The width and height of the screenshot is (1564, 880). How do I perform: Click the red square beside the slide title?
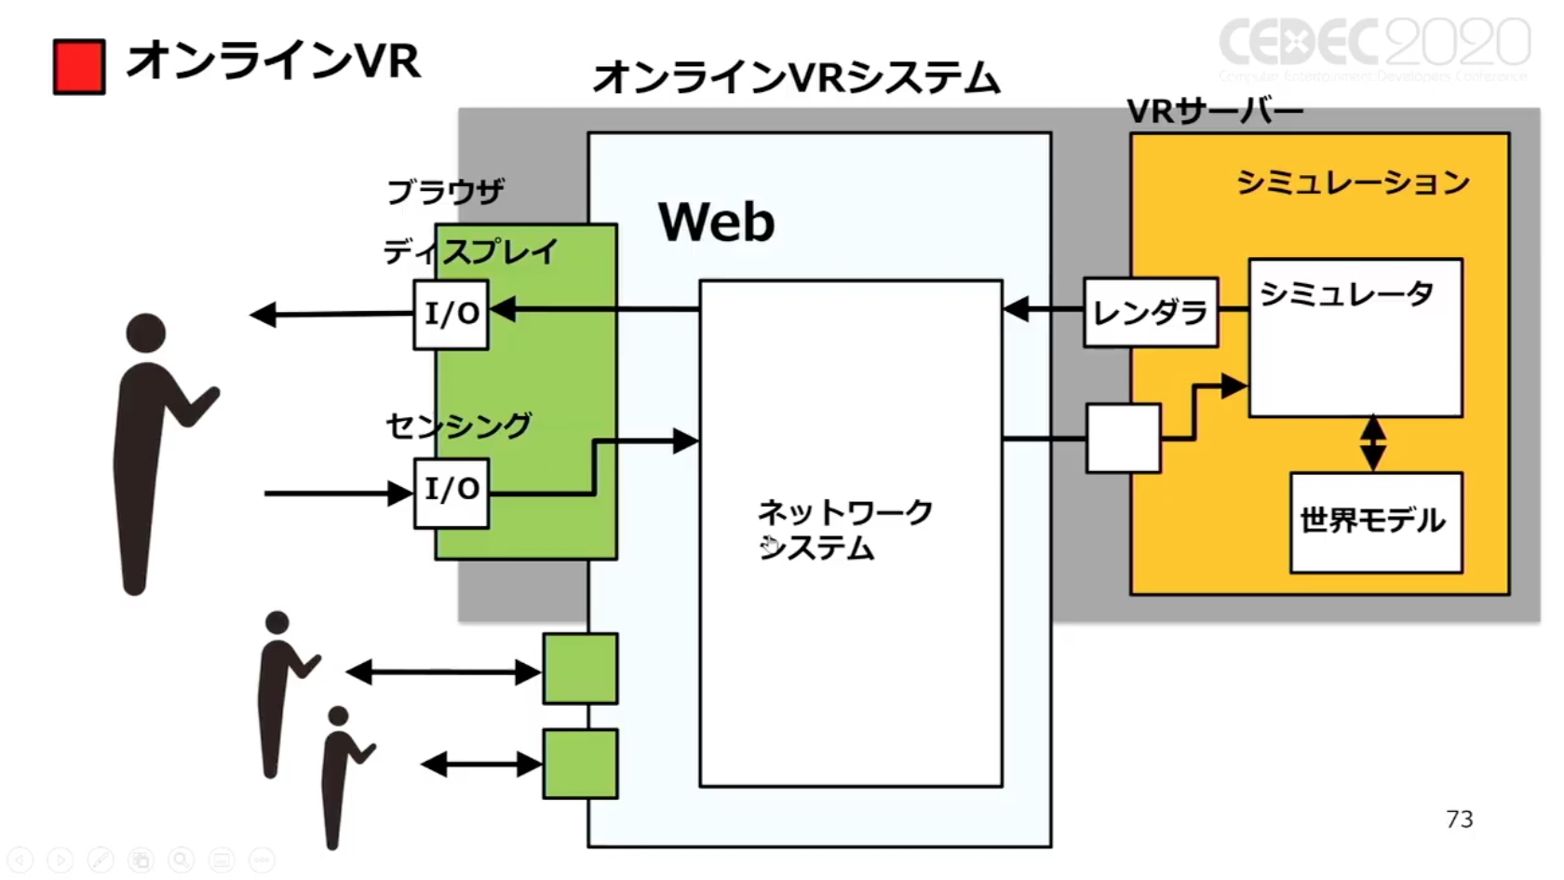click(79, 67)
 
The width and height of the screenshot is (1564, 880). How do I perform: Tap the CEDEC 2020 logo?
click(1374, 45)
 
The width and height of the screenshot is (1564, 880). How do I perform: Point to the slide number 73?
click(1459, 819)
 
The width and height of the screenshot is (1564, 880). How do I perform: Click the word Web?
click(716, 223)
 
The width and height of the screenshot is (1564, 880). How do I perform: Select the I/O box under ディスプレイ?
click(452, 315)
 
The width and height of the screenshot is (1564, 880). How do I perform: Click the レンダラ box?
click(1151, 313)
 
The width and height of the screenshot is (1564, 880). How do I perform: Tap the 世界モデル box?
click(1375, 521)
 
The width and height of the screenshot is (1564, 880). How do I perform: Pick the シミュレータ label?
click(1346, 294)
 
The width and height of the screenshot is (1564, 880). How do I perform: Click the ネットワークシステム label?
click(843, 530)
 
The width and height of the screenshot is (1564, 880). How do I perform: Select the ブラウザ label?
click(446, 192)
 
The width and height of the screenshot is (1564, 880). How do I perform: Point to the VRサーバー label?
click(1214, 112)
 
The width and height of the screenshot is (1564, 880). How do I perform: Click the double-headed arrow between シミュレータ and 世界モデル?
click(1373, 443)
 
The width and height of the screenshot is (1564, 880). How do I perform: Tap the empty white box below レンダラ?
click(1124, 438)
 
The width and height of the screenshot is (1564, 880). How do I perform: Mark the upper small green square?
click(580, 668)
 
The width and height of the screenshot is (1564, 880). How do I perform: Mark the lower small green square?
click(580, 764)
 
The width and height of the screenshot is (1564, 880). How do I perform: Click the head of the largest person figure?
click(146, 333)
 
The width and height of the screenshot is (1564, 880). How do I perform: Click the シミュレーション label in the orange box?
click(1353, 183)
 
